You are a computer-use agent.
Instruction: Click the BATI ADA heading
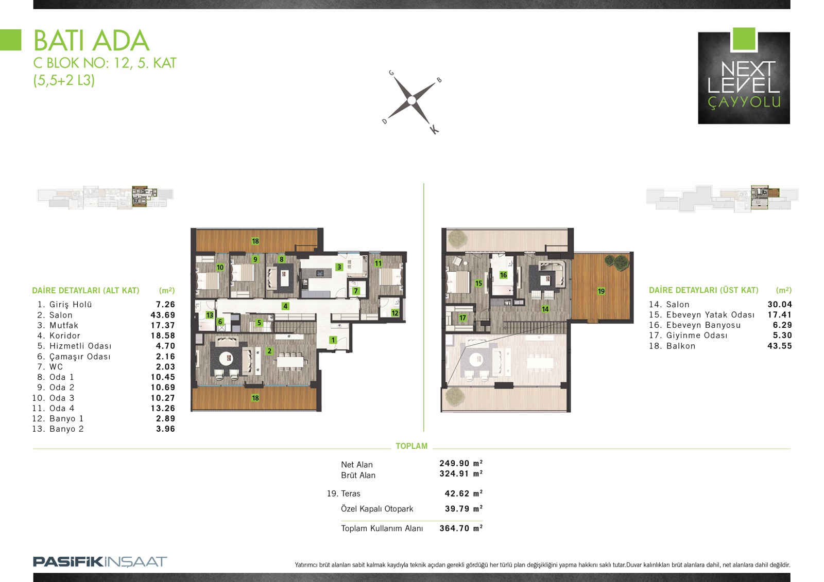(x=91, y=41)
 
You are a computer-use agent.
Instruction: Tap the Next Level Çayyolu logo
(x=744, y=76)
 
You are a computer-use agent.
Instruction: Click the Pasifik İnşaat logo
(x=100, y=561)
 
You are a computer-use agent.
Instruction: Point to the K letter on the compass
(x=435, y=130)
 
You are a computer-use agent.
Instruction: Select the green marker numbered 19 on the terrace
(x=601, y=291)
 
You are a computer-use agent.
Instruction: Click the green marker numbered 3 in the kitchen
(x=339, y=267)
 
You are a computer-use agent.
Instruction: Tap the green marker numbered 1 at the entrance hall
(x=333, y=340)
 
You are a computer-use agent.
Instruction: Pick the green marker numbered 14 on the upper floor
(x=545, y=309)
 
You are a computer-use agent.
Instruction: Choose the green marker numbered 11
(x=378, y=263)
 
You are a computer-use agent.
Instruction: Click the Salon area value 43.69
(x=163, y=315)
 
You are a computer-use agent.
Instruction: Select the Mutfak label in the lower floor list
(x=64, y=325)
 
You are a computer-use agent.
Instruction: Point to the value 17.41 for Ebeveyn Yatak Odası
(x=780, y=315)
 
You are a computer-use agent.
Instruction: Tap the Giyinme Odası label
(x=697, y=336)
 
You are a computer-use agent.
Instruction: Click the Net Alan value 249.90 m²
(x=461, y=463)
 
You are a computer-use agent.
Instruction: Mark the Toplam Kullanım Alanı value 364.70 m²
(x=461, y=528)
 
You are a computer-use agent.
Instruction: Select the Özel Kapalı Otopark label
(x=377, y=509)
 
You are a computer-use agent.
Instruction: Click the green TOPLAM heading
(x=411, y=446)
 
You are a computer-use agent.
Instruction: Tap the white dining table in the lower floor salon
(x=293, y=362)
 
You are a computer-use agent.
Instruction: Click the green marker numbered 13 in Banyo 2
(x=209, y=315)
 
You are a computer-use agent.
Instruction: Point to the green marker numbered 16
(x=503, y=275)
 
